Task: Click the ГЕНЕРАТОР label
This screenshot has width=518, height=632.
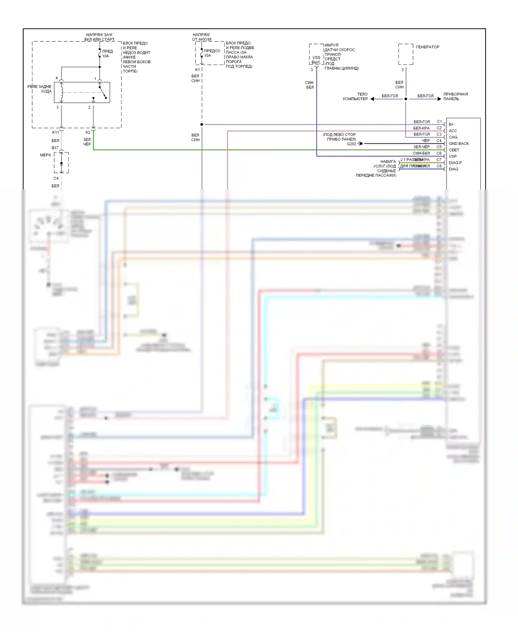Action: (x=428, y=47)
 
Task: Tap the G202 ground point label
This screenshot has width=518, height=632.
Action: (x=351, y=144)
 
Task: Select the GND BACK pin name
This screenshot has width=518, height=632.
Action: (x=459, y=143)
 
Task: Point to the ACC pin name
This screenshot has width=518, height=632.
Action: (x=453, y=131)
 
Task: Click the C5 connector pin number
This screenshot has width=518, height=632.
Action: (x=439, y=147)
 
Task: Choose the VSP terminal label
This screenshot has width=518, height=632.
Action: (x=453, y=156)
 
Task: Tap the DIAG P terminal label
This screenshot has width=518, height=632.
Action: (x=455, y=162)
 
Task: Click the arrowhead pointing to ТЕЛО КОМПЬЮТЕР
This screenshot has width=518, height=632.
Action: (x=372, y=99)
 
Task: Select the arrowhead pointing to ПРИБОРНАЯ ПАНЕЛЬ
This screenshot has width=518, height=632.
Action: (x=439, y=99)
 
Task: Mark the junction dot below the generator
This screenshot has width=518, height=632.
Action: (x=406, y=99)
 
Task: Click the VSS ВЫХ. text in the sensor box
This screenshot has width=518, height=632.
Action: (x=316, y=60)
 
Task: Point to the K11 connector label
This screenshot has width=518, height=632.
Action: (x=55, y=132)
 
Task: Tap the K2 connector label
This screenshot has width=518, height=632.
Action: (x=88, y=132)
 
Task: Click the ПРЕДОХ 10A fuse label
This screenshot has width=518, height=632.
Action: (x=212, y=53)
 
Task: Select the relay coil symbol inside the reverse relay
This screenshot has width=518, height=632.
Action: (x=62, y=92)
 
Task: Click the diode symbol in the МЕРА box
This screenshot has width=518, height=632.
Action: (x=61, y=163)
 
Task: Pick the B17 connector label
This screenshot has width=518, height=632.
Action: (x=55, y=148)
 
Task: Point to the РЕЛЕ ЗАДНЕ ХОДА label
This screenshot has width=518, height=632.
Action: (x=39, y=89)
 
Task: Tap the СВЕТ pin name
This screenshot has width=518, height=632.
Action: (x=454, y=150)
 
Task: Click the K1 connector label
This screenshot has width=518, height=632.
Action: (x=197, y=69)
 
